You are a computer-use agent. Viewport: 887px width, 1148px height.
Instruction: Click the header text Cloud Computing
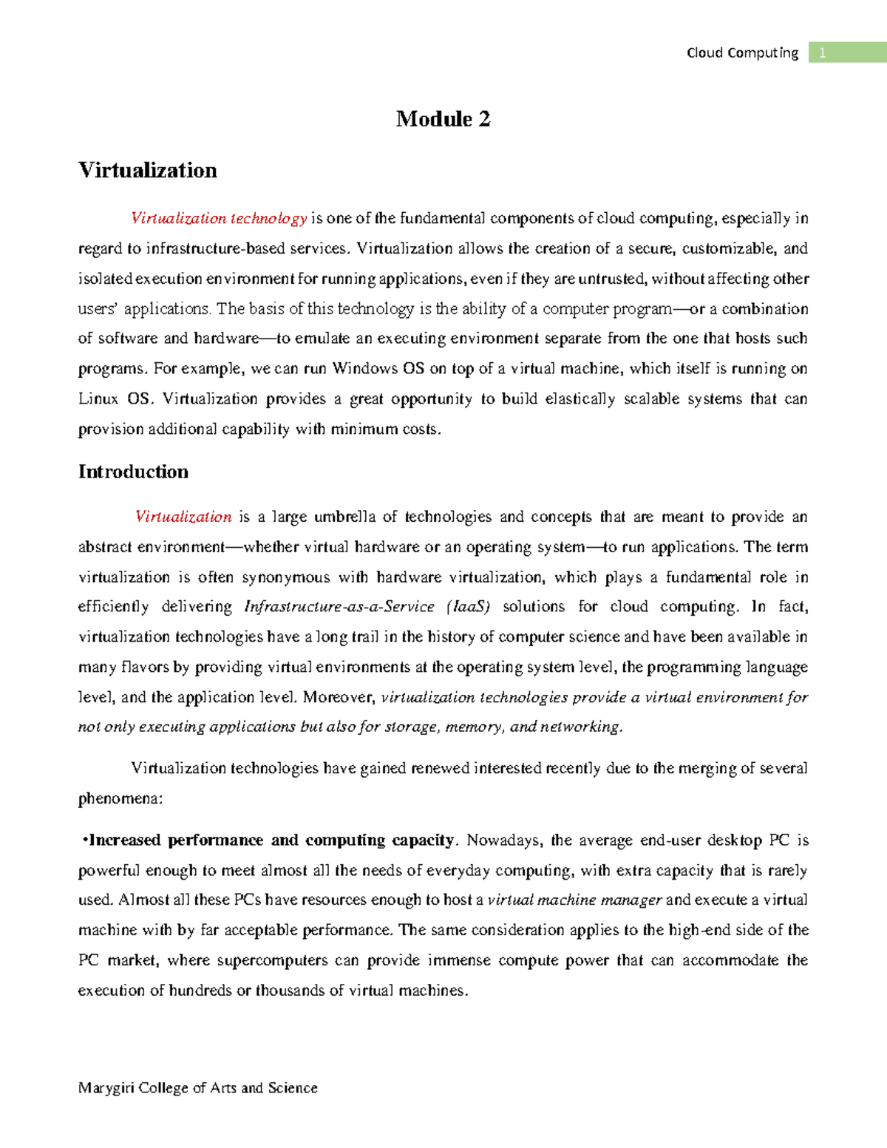[x=742, y=52]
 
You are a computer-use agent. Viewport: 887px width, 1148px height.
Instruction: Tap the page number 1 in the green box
[x=823, y=52]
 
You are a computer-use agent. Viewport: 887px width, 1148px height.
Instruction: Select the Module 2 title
[x=443, y=119]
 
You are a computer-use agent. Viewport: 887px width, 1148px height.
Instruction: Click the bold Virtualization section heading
[x=148, y=170]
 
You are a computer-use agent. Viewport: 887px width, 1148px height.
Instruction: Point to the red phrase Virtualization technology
[x=219, y=218]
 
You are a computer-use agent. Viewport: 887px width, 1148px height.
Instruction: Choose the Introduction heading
[x=133, y=472]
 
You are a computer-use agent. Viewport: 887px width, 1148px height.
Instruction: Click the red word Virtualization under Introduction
[x=183, y=517]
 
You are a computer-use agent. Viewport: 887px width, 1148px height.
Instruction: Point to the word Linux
[x=98, y=399]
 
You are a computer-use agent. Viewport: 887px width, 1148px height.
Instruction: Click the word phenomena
[x=119, y=799]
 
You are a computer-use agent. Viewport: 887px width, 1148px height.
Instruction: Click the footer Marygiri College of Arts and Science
[x=197, y=1088]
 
